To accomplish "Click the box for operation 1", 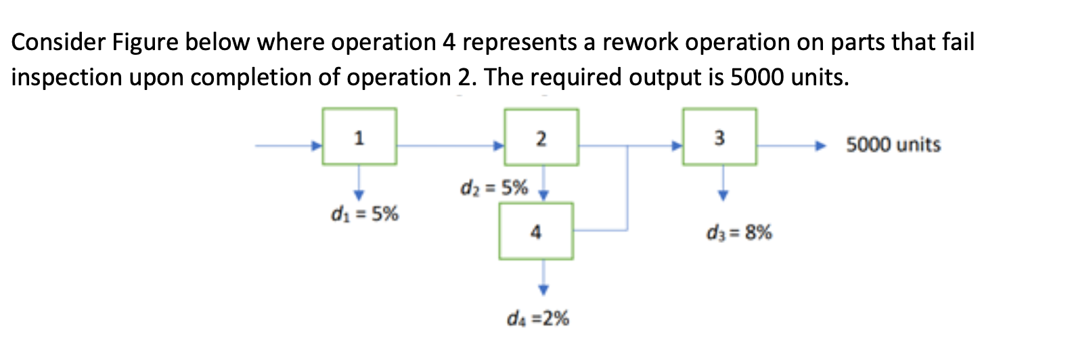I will click(359, 137).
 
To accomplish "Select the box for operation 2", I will click(541, 137).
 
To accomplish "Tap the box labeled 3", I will click(719, 137).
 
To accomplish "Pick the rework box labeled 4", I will click(536, 231).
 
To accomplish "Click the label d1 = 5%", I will click(364, 214).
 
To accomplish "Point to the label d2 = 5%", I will click(493, 187).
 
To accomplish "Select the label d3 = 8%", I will click(738, 233).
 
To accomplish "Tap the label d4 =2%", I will click(538, 318).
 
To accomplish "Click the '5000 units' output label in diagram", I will click(893, 145).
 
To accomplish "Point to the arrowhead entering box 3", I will click(676, 145).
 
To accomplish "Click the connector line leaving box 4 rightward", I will click(600, 231).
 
